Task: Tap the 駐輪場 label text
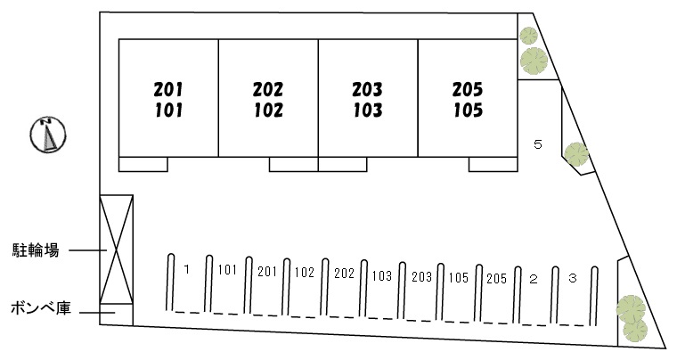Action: (36, 251)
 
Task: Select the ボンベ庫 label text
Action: (36, 310)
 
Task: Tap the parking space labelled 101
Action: (227, 285)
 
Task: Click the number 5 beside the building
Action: (537, 143)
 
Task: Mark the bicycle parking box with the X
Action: (116, 250)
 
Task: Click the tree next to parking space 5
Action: (576, 155)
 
